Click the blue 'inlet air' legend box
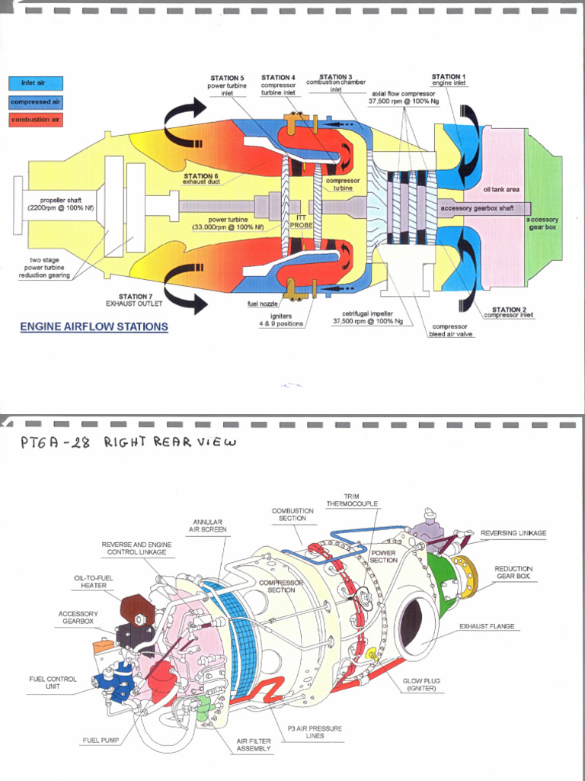(35, 83)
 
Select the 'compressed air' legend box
(35, 101)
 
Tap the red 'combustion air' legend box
(35, 120)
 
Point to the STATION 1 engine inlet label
(449, 79)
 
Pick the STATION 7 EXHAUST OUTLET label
(140, 300)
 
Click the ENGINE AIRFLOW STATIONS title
(94, 327)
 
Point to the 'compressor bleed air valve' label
(450, 329)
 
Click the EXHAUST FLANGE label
(487, 626)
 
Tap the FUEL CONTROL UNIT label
(52, 682)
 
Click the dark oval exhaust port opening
(416, 627)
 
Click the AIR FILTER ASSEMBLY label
(254, 744)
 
